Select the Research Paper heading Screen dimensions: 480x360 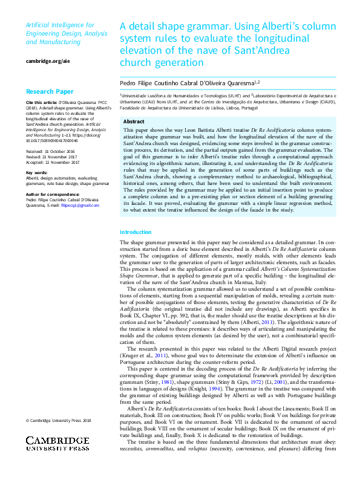coord(49,92)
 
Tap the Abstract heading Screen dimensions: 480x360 coord(134,121)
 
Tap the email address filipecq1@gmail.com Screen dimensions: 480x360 coord(82,206)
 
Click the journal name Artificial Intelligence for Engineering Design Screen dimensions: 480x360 coord(60,30)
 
